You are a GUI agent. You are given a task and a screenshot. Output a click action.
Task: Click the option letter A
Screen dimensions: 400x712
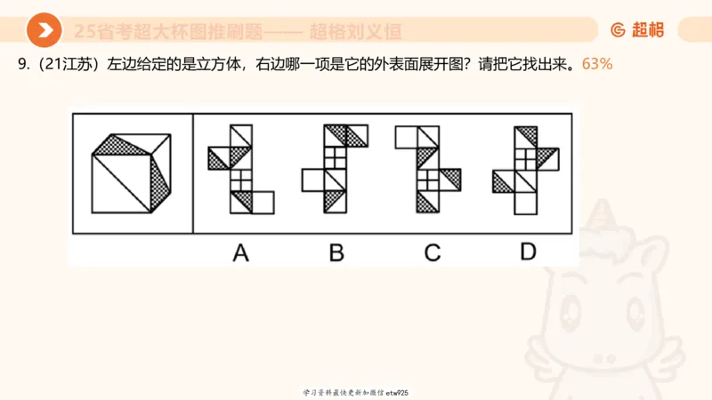(240, 252)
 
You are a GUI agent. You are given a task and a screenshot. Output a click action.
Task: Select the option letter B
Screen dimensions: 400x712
(336, 252)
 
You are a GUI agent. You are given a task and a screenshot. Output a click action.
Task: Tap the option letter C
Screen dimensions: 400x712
(433, 252)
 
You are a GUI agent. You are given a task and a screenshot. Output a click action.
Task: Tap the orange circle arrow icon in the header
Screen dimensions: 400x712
(44, 31)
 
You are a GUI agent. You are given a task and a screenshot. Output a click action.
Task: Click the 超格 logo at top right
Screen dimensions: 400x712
(637, 30)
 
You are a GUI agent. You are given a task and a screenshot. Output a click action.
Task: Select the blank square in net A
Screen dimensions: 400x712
(263, 202)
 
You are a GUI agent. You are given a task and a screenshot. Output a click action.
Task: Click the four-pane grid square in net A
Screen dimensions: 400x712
(240, 180)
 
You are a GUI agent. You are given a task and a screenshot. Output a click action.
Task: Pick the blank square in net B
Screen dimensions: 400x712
(313, 180)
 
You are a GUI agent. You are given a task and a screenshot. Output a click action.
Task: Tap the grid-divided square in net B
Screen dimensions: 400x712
(336, 158)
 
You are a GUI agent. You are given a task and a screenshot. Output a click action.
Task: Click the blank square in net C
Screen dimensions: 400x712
(406, 136)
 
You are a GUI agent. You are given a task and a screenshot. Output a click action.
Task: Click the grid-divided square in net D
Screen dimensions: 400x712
(528, 158)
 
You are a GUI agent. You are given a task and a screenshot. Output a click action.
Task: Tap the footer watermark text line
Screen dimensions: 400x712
(355, 392)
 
